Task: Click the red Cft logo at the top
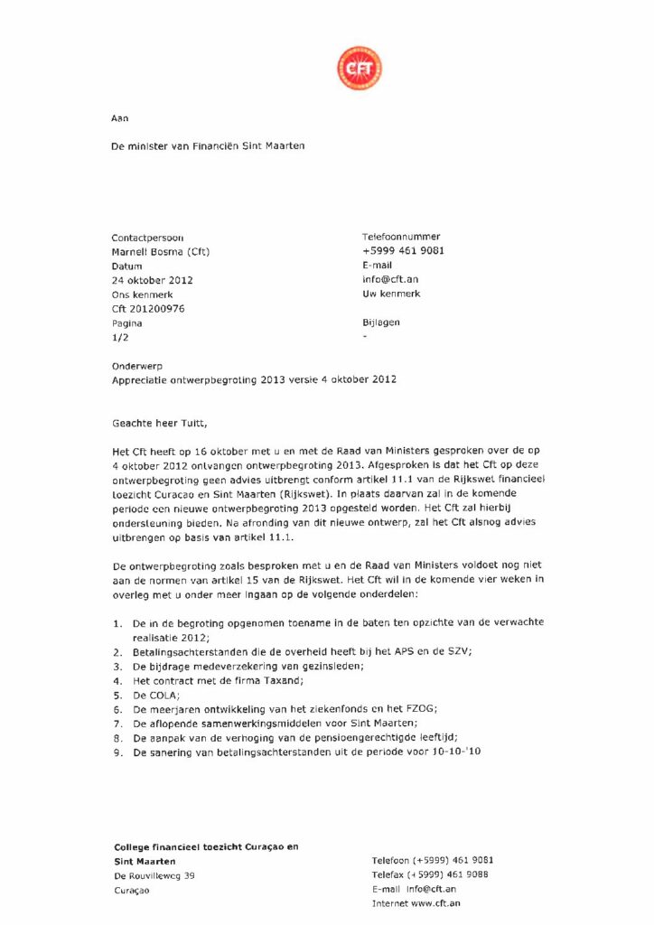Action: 359,68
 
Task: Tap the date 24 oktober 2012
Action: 152,280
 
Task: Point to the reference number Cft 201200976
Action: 148,309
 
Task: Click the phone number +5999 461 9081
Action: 403,250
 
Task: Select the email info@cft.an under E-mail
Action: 390,279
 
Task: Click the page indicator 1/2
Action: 120,337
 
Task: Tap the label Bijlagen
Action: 380,322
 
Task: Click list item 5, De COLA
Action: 154,696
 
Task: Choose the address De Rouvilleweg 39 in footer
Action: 154,875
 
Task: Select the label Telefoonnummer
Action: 401,236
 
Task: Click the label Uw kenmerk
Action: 390,294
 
